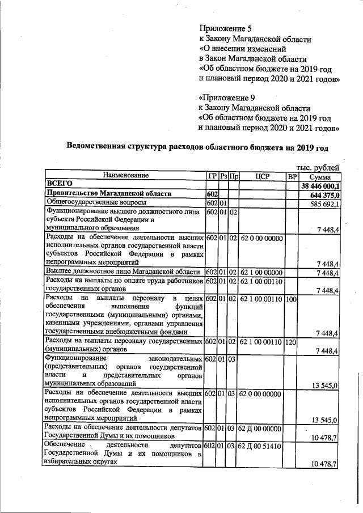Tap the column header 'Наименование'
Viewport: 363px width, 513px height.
(125, 176)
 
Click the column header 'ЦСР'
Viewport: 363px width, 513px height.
(261, 176)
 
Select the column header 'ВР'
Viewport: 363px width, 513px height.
(292, 176)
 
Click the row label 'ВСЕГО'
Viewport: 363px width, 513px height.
(60, 184)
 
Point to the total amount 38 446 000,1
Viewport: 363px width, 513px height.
(320, 185)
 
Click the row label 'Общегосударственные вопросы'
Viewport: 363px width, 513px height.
(96, 203)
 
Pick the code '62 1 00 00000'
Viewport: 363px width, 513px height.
(261, 273)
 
